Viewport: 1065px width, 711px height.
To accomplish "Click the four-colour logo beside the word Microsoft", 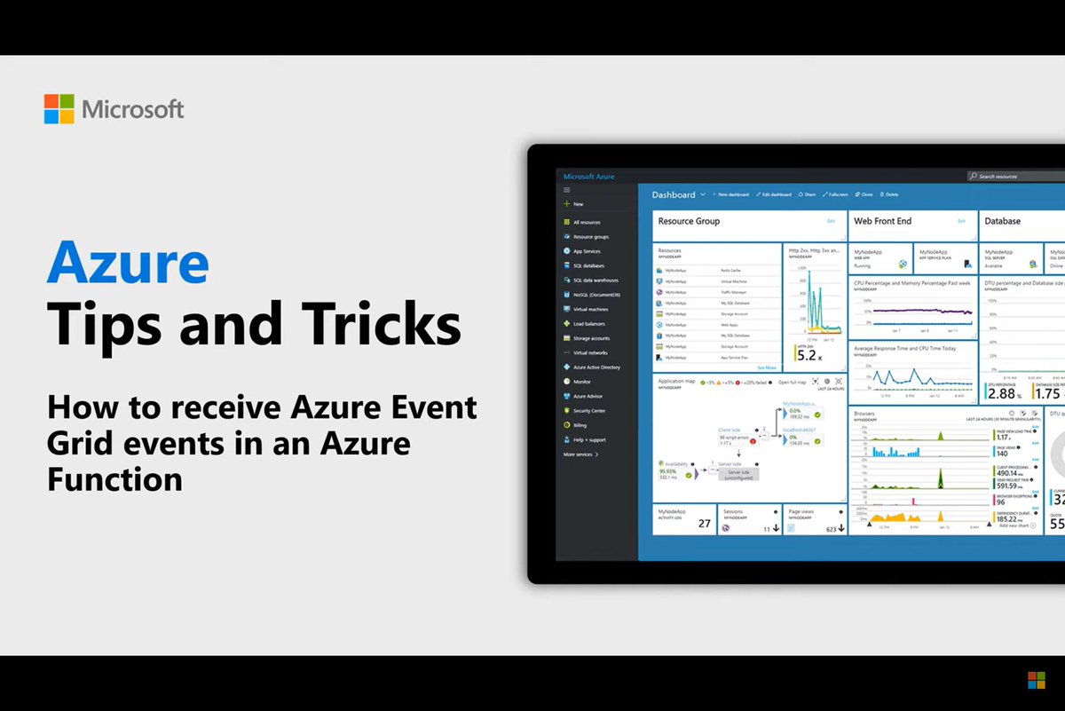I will [59, 109].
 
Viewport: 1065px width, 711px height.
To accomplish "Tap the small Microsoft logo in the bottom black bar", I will [1036, 680].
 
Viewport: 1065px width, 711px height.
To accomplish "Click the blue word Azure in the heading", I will [129, 265].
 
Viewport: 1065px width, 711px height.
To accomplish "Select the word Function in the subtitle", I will [114, 479].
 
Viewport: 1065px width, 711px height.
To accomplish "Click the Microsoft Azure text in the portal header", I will [588, 177].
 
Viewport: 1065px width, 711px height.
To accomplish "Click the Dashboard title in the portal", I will [674, 194].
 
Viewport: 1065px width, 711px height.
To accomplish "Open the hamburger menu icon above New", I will [567, 190].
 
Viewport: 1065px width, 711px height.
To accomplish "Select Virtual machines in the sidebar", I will [590, 310].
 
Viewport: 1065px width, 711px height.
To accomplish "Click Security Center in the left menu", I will [589, 411].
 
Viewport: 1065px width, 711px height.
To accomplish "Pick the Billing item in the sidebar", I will [580, 425].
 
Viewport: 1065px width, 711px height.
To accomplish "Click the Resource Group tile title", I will [689, 221].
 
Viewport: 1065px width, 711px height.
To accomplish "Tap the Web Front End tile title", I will [882, 221].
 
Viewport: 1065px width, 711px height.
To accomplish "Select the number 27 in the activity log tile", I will [705, 524].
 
